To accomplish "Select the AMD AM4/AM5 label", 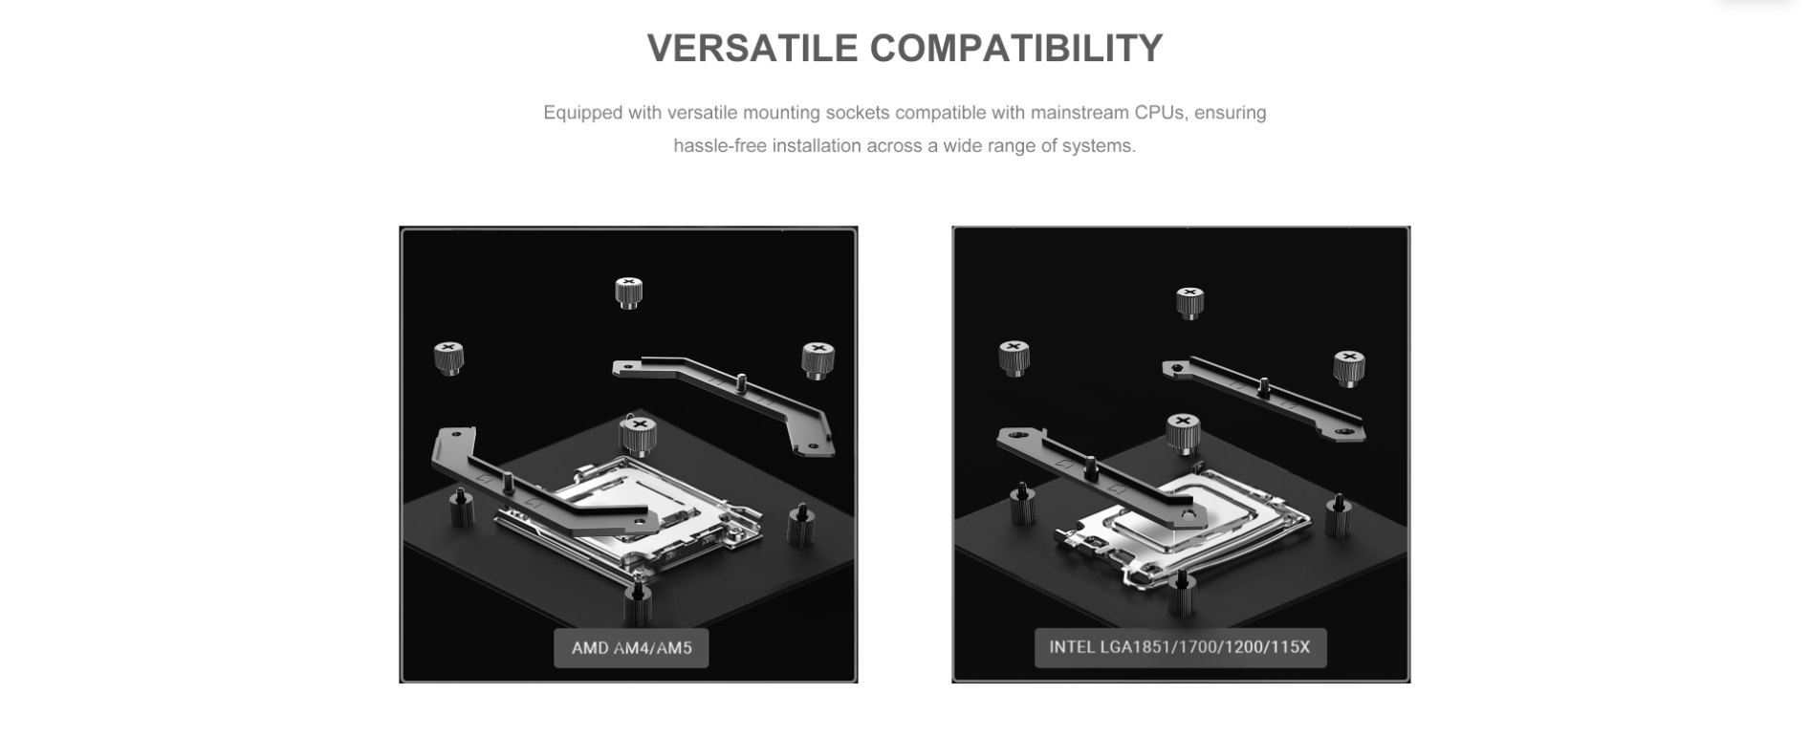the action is click(631, 648).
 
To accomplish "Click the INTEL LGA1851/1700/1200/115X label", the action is click(1180, 647).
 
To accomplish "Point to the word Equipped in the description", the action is click(583, 113).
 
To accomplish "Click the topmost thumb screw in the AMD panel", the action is click(628, 292).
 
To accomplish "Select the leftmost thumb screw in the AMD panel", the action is click(448, 358).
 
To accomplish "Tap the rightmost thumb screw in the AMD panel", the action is click(818, 360).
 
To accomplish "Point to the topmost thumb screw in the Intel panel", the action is click(1189, 302).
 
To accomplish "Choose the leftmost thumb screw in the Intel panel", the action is click(1014, 357).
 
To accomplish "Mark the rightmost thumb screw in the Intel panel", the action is click(1349, 368).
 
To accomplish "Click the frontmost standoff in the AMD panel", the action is click(637, 603).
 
